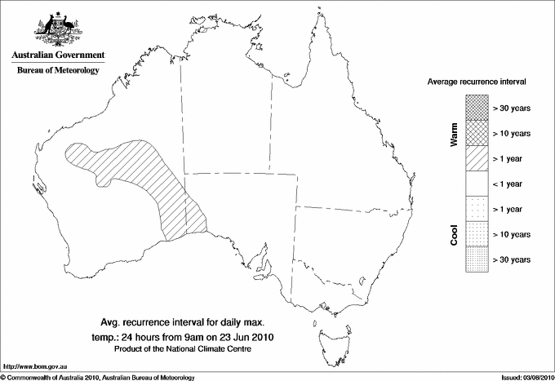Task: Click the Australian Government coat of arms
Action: coord(58,29)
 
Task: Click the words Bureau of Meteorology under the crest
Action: coord(58,71)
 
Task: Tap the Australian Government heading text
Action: coord(58,55)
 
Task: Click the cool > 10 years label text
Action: coord(512,234)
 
